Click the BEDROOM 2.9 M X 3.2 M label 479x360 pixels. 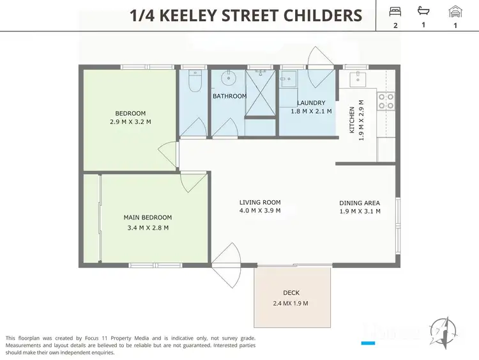[x=130, y=117]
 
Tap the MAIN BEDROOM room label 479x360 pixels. [x=146, y=222]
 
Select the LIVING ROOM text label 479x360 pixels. [x=259, y=206]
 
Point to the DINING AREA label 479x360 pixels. [x=360, y=207]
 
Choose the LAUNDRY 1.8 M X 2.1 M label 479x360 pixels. [x=311, y=107]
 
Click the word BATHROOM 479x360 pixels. [x=229, y=97]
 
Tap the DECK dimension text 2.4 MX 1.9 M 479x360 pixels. [x=291, y=303]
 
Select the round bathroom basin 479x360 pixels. [x=228, y=79]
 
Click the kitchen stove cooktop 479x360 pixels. [x=386, y=101]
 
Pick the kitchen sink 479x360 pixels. [x=358, y=79]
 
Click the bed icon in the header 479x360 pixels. [x=395, y=11]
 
